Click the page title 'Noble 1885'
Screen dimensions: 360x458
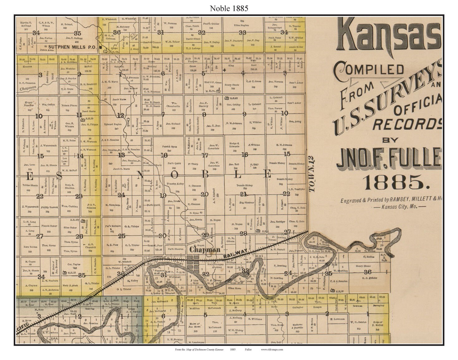(x=229, y=8)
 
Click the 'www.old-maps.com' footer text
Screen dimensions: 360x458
(x=272, y=349)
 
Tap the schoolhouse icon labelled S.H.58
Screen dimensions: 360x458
(x=332, y=290)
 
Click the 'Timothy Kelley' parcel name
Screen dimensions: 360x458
(x=176, y=184)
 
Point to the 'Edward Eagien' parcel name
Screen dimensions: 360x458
(x=113, y=124)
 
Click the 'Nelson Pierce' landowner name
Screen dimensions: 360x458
(x=69, y=106)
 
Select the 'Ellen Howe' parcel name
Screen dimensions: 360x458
(x=235, y=288)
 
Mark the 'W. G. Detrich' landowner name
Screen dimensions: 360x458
(x=358, y=322)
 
